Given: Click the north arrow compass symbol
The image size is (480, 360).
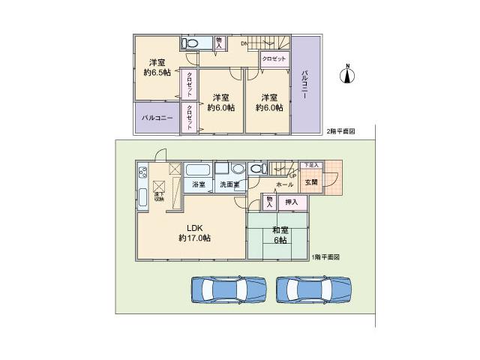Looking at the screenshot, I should tap(347, 73).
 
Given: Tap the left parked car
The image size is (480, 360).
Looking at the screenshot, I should tap(229, 289).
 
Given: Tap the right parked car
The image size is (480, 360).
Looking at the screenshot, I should tap(313, 289).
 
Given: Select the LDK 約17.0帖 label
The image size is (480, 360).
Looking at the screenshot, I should tap(194, 232).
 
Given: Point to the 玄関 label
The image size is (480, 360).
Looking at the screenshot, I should tap(310, 181).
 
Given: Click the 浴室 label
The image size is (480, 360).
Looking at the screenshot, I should tap(198, 184).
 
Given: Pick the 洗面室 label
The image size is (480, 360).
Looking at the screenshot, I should tap(229, 184).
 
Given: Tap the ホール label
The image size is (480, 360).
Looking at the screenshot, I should tap(284, 184).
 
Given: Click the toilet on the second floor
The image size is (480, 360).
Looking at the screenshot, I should tap(191, 43).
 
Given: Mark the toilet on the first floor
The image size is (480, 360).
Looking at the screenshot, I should tap(257, 169).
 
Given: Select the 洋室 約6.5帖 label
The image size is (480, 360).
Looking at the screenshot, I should tap(156, 67).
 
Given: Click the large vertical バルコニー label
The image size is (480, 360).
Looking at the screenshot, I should tap(306, 85).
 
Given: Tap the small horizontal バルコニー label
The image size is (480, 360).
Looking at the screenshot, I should tap(157, 118).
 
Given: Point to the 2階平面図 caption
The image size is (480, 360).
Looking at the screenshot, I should tap(340, 131).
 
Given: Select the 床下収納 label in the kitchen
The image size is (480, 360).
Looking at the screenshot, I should tap(159, 196).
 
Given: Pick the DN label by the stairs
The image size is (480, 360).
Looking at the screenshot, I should tap(244, 43).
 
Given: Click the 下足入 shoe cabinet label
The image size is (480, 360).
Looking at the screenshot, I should tap(310, 165).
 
